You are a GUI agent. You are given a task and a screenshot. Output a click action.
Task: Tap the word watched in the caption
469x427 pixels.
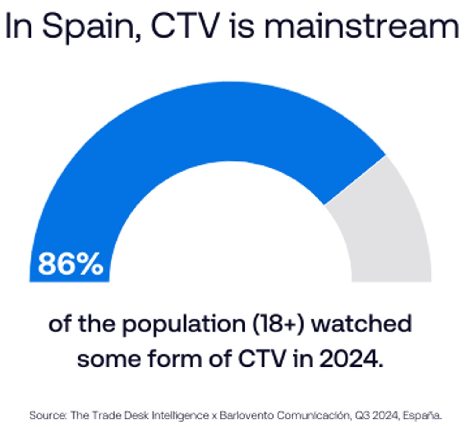pyautogui.click(x=362, y=324)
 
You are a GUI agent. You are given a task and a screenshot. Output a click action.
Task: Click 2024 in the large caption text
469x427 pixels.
pyautogui.click(x=348, y=359)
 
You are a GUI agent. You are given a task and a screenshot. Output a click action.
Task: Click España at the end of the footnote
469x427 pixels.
pyautogui.click(x=422, y=415)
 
